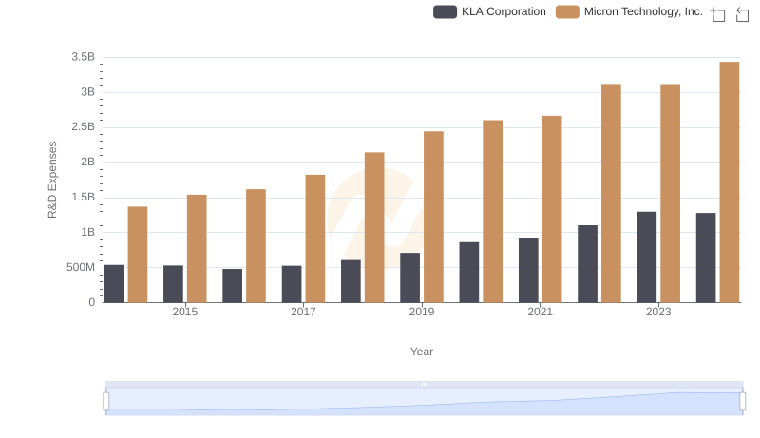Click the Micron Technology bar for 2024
pyautogui.click(x=730, y=182)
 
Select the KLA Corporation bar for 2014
pyautogui.click(x=114, y=283)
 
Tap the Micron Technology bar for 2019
pyautogui.click(x=433, y=217)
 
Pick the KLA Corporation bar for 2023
pyautogui.click(x=647, y=257)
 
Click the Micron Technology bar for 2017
pyautogui.click(x=315, y=238)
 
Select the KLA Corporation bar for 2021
pyautogui.click(x=528, y=270)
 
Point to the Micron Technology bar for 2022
pyautogui.click(x=611, y=193)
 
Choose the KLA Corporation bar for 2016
pyautogui.click(x=233, y=285)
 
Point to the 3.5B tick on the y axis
pyautogui.click(x=83, y=57)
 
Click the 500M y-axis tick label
pyautogui.click(x=80, y=267)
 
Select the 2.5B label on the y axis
pyautogui.click(x=83, y=127)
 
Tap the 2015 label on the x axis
pyautogui.click(x=185, y=312)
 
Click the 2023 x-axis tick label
pyautogui.click(x=658, y=312)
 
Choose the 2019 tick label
pyautogui.click(x=422, y=312)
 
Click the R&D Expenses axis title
pyautogui.click(x=53, y=180)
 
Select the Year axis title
pyautogui.click(x=422, y=352)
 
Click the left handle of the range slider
pyautogui.click(x=105, y=401)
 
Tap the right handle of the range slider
pyautogui.click(x=743, y=401)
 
